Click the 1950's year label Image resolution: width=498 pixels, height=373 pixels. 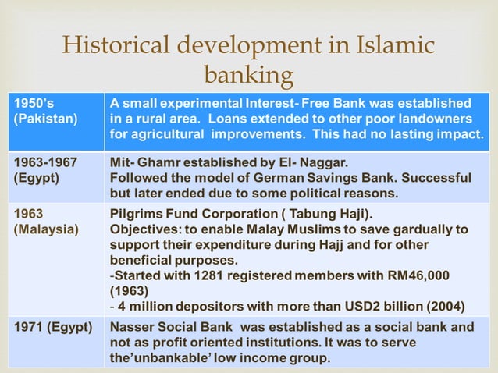29,104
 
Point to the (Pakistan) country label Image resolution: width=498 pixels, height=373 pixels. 44,119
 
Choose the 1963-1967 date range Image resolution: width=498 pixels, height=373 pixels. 44,163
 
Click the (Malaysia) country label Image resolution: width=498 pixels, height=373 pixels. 45,229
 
